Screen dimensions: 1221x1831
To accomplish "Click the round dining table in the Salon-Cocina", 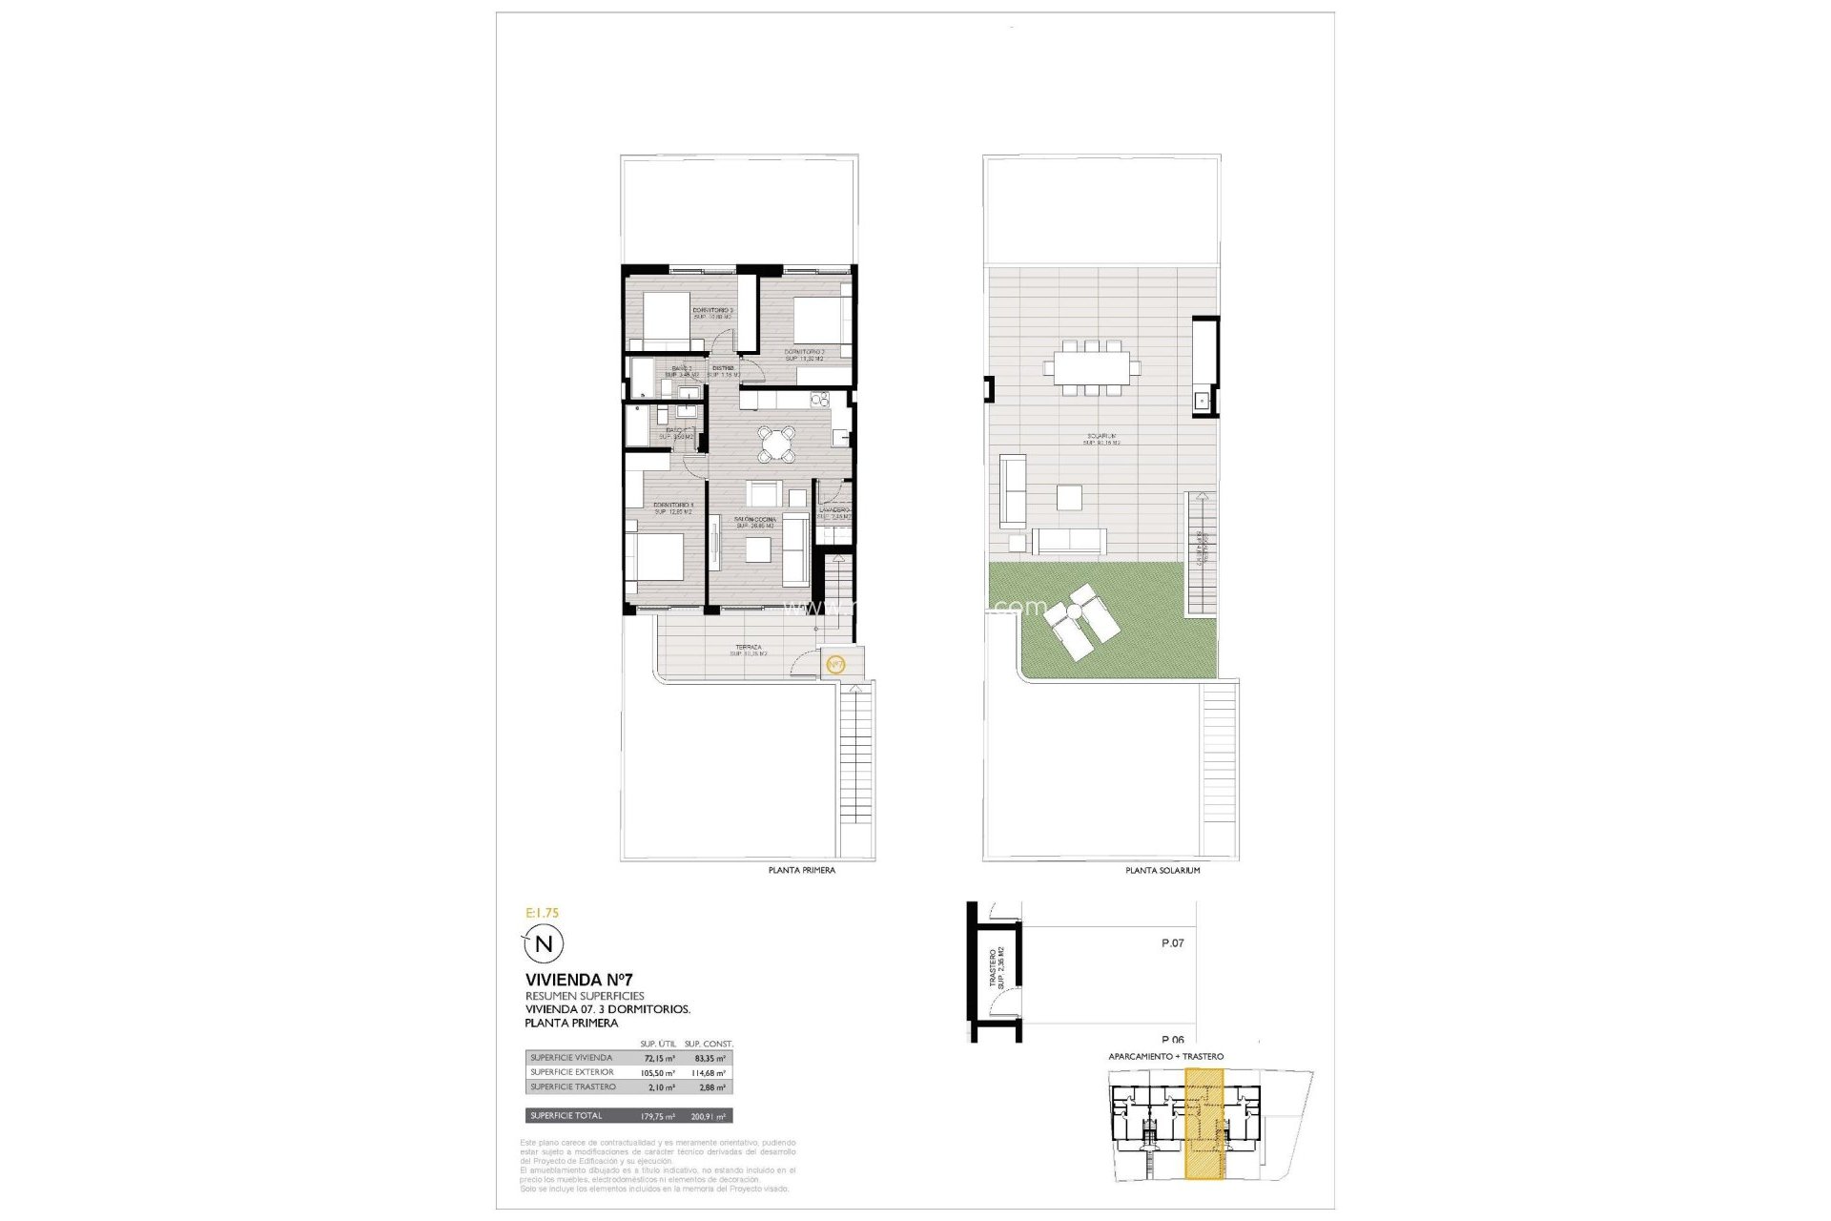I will pos(777,443).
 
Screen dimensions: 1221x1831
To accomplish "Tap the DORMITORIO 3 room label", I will pos(712,311).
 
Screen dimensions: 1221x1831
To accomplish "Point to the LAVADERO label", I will pos(833,510).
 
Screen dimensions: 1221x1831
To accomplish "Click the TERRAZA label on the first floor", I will pos(749,648).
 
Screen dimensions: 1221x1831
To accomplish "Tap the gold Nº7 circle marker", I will pos(835,664).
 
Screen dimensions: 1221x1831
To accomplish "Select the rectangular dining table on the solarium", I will pos(1092,367).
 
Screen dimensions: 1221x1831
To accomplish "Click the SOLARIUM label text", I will pos(1100,437).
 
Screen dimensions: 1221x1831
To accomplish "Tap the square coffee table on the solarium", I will pos(1069,498).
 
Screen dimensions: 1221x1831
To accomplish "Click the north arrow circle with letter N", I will pos(544,944).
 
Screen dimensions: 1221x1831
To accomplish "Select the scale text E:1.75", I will pos(542,913).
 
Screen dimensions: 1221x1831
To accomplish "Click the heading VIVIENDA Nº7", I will pos(579,980).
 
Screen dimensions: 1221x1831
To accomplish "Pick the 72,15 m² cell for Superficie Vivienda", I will pos(658,1059).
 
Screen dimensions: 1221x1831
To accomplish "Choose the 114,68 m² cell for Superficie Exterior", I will pos(708,1073).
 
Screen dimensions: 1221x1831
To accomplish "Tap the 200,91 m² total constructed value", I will pos(708,1116).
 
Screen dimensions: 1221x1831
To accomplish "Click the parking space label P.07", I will pos(1172,943).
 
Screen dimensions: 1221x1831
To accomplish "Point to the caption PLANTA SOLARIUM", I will pos(1162,871).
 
